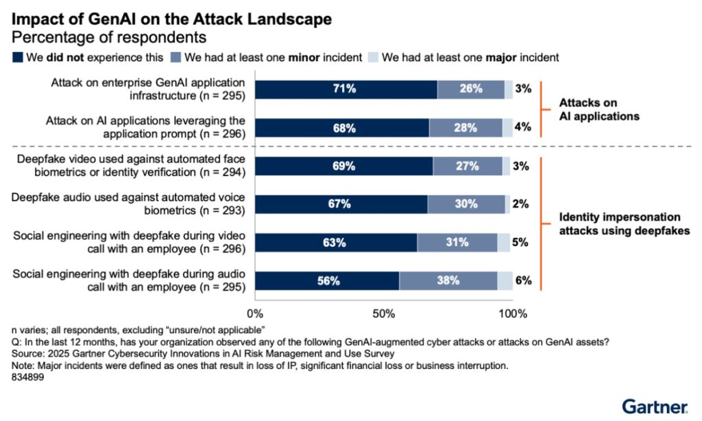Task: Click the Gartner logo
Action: [655, 406]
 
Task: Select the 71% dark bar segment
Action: [346, 89]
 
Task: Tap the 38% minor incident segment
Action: [448, 280]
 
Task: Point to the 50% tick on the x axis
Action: [385, 314]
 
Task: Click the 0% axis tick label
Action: [255, 314]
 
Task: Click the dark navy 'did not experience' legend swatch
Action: [17, 57]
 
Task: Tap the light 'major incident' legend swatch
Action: [374, 57]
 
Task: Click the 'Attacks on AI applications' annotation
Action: [598, 109]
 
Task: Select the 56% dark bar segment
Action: [327, 280]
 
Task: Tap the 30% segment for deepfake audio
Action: [466, 204]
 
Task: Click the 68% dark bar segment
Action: [342, 128]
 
